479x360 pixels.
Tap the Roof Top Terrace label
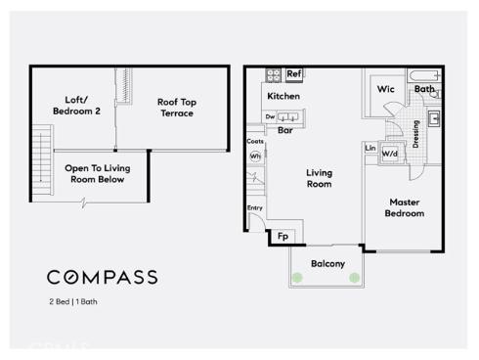tap(176, 107)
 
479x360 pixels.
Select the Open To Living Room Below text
tap(98, 173)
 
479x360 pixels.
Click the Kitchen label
tap(283, 96)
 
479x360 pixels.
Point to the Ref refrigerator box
tap(293, 74)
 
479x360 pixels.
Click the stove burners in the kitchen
tap(274, 74)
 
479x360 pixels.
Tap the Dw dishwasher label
tap(270, 117)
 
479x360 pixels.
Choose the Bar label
tap(285, 129)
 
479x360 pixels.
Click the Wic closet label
tap(385, 89)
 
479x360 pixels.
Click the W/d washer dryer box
tap(389, 154)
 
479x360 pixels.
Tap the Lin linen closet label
tap(370, 148)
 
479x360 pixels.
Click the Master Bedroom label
tap(404, 207)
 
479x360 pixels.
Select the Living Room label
tap(319, 178)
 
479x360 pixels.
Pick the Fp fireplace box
tap(283, 236)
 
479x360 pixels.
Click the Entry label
tap(254, 207)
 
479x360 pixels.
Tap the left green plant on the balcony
tap(297, 278)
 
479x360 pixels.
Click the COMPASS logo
tap(103, 278)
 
